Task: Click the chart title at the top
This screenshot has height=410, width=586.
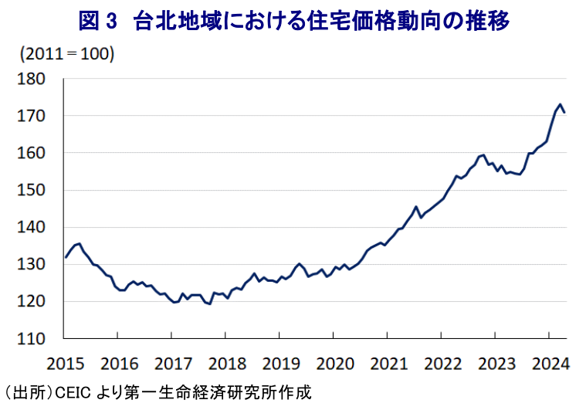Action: click(293, 21)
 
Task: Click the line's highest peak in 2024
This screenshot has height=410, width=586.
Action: click(559, 104)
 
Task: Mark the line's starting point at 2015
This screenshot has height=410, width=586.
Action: click(65, 257)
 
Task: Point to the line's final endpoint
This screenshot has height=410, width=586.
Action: click(565, 113)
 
